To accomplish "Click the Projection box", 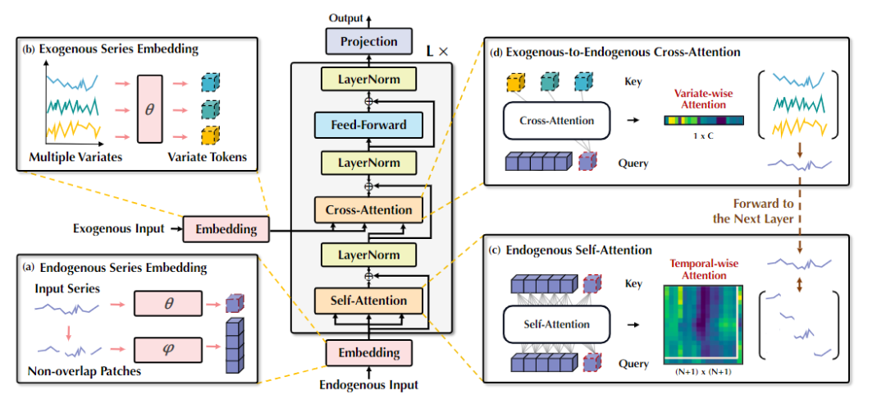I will point(368,41).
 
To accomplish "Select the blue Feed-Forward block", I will point(368,125).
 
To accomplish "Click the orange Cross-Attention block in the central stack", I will point(368,209).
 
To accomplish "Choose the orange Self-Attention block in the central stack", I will point(368,300).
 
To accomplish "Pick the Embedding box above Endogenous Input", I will point(368,353).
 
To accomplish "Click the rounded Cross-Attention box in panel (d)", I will point(557,121).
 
